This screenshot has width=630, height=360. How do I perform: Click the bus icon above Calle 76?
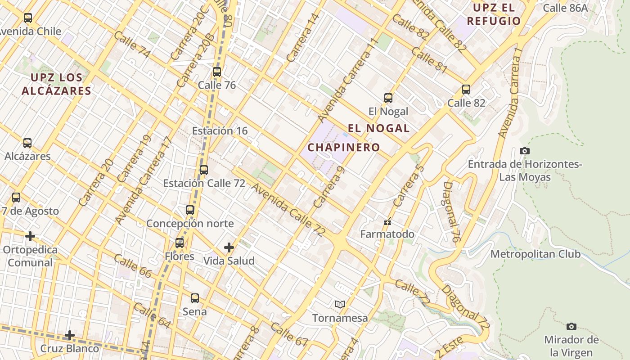(x=217, y=72)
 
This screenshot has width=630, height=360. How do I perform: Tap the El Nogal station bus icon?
(x=388, y=98)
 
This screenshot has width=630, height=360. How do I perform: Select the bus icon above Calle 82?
(x=466, y=90)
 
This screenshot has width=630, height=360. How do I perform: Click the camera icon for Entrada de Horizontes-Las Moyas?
(x=524, y=151)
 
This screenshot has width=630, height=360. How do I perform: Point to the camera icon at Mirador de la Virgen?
(x=571, y=326)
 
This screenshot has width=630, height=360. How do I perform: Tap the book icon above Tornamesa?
(x=340, y=305)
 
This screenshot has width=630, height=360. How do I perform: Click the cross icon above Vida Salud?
(x=229, y=247)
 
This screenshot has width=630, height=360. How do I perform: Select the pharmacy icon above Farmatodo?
(x=387, y=221)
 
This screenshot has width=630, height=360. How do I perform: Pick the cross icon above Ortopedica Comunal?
(x=30, y=236)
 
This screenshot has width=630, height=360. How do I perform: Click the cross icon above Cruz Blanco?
(x=70, y=335)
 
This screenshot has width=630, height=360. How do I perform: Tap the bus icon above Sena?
(x=195, y=298)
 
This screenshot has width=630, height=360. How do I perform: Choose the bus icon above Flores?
(x=180, y=243)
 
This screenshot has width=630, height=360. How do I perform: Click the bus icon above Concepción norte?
(x=190, y=210)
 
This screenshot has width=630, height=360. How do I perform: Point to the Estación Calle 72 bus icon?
(x=204, y=170)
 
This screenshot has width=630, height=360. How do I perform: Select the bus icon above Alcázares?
(x=27, y=143)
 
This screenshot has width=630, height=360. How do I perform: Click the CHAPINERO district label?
(x=344, y=147)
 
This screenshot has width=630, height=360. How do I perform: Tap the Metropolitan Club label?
(x=535, y=254)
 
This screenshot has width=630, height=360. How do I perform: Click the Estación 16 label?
(x=220, y=131)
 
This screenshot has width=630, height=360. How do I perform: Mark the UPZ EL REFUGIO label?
(x=494, y=14)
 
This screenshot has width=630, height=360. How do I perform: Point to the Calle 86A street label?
(x=565, y=8)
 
